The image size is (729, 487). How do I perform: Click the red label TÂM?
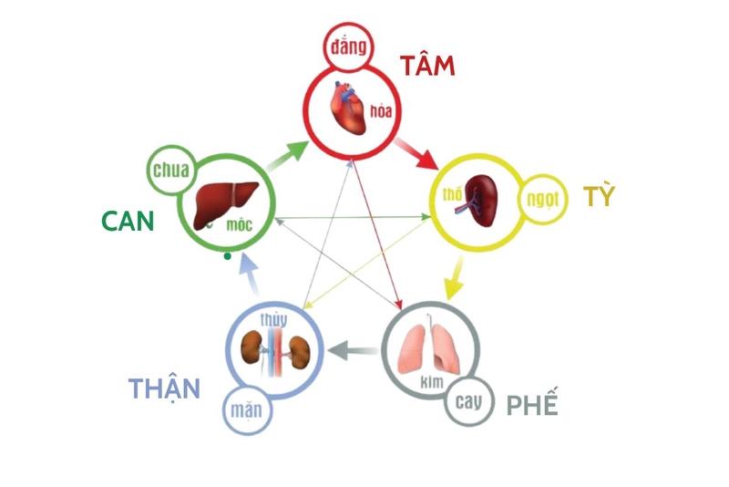[426, 67]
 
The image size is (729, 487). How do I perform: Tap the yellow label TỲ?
[599, 196]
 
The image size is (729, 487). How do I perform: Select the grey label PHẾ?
[531, 404]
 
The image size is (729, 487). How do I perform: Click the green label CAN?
[128, 222]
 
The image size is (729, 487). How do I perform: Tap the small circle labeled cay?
[468, 401]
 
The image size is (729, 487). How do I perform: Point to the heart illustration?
[350, 115]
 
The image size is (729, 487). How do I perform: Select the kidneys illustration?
[276, 350]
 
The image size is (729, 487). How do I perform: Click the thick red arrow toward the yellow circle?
[418, 154]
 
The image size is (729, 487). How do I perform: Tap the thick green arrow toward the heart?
[287, 157]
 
